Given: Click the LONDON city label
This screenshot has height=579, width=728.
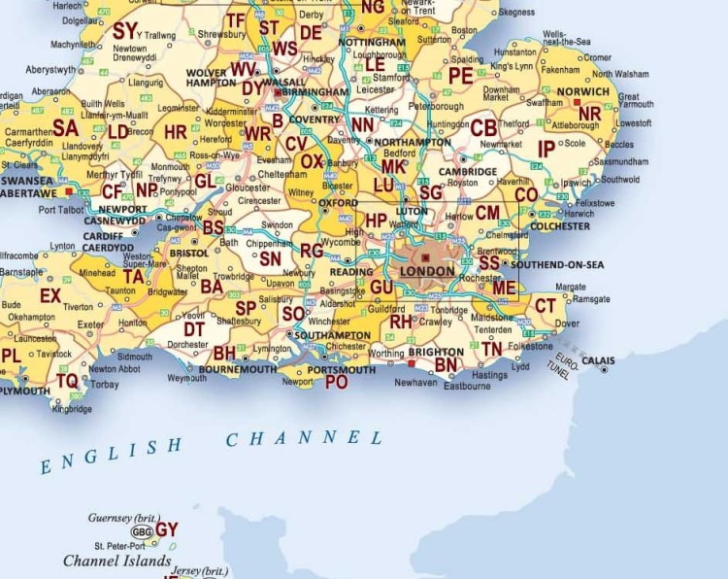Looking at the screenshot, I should point(427,271).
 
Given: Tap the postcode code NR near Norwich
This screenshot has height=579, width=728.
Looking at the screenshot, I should point(589,114).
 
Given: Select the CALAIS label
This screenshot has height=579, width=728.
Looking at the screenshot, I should point(599,360).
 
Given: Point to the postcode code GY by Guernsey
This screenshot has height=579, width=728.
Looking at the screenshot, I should point(167,529).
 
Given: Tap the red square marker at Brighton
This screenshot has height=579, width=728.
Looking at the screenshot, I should point(412,363).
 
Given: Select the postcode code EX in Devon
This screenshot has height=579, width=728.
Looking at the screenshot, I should point(50,294).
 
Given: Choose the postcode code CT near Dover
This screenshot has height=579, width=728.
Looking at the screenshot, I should point(546,306).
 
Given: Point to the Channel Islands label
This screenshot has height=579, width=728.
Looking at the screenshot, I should point(117,562).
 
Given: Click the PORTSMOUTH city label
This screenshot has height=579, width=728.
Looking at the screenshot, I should point(334,370).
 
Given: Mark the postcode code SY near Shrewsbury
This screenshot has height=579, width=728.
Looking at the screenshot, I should point(125,30).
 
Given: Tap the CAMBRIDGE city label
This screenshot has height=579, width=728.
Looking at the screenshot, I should point(467,171).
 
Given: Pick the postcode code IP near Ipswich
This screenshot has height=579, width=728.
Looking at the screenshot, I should point(546,148).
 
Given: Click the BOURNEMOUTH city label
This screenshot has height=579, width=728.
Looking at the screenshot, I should point(239,370).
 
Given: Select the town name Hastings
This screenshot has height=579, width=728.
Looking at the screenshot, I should point(489,375).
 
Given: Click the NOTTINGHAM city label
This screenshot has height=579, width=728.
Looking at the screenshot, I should point(373,44).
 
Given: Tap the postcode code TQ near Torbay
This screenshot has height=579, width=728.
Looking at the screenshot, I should point(66,381).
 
